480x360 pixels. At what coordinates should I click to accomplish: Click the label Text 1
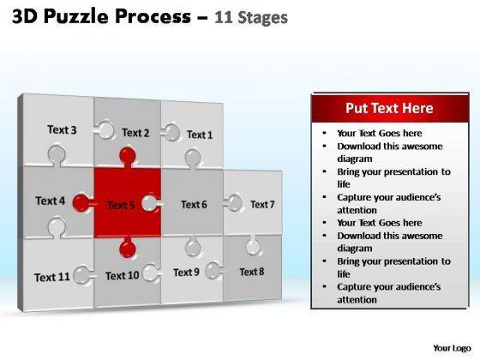[200, 135]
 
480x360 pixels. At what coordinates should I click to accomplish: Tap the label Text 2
[135, 133]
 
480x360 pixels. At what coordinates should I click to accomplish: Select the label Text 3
[62, 129]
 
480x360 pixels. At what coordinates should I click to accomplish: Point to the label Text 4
[51, 201]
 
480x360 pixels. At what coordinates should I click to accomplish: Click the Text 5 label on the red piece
[121, 205]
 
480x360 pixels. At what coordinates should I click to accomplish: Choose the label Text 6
[194, 205]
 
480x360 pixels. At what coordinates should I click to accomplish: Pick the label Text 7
[262, 205]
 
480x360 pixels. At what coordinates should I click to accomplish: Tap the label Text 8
[252, 272]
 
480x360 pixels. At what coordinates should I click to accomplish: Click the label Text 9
[186, 273]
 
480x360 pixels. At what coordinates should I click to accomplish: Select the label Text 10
[122, 276]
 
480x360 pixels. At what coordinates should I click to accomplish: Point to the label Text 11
[52, 278]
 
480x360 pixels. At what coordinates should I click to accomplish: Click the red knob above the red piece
[128, 157]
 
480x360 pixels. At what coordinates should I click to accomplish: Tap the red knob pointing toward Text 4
[82, 202]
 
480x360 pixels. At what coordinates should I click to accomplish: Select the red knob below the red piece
[128, 248]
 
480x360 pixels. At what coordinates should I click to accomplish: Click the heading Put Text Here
[389, 108]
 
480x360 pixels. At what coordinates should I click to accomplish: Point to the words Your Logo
[452, 348]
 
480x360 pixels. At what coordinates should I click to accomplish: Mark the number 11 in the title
[223, 17]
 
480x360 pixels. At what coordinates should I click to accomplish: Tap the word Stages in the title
[262, 18]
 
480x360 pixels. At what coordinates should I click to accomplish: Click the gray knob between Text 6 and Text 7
[233, 203]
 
